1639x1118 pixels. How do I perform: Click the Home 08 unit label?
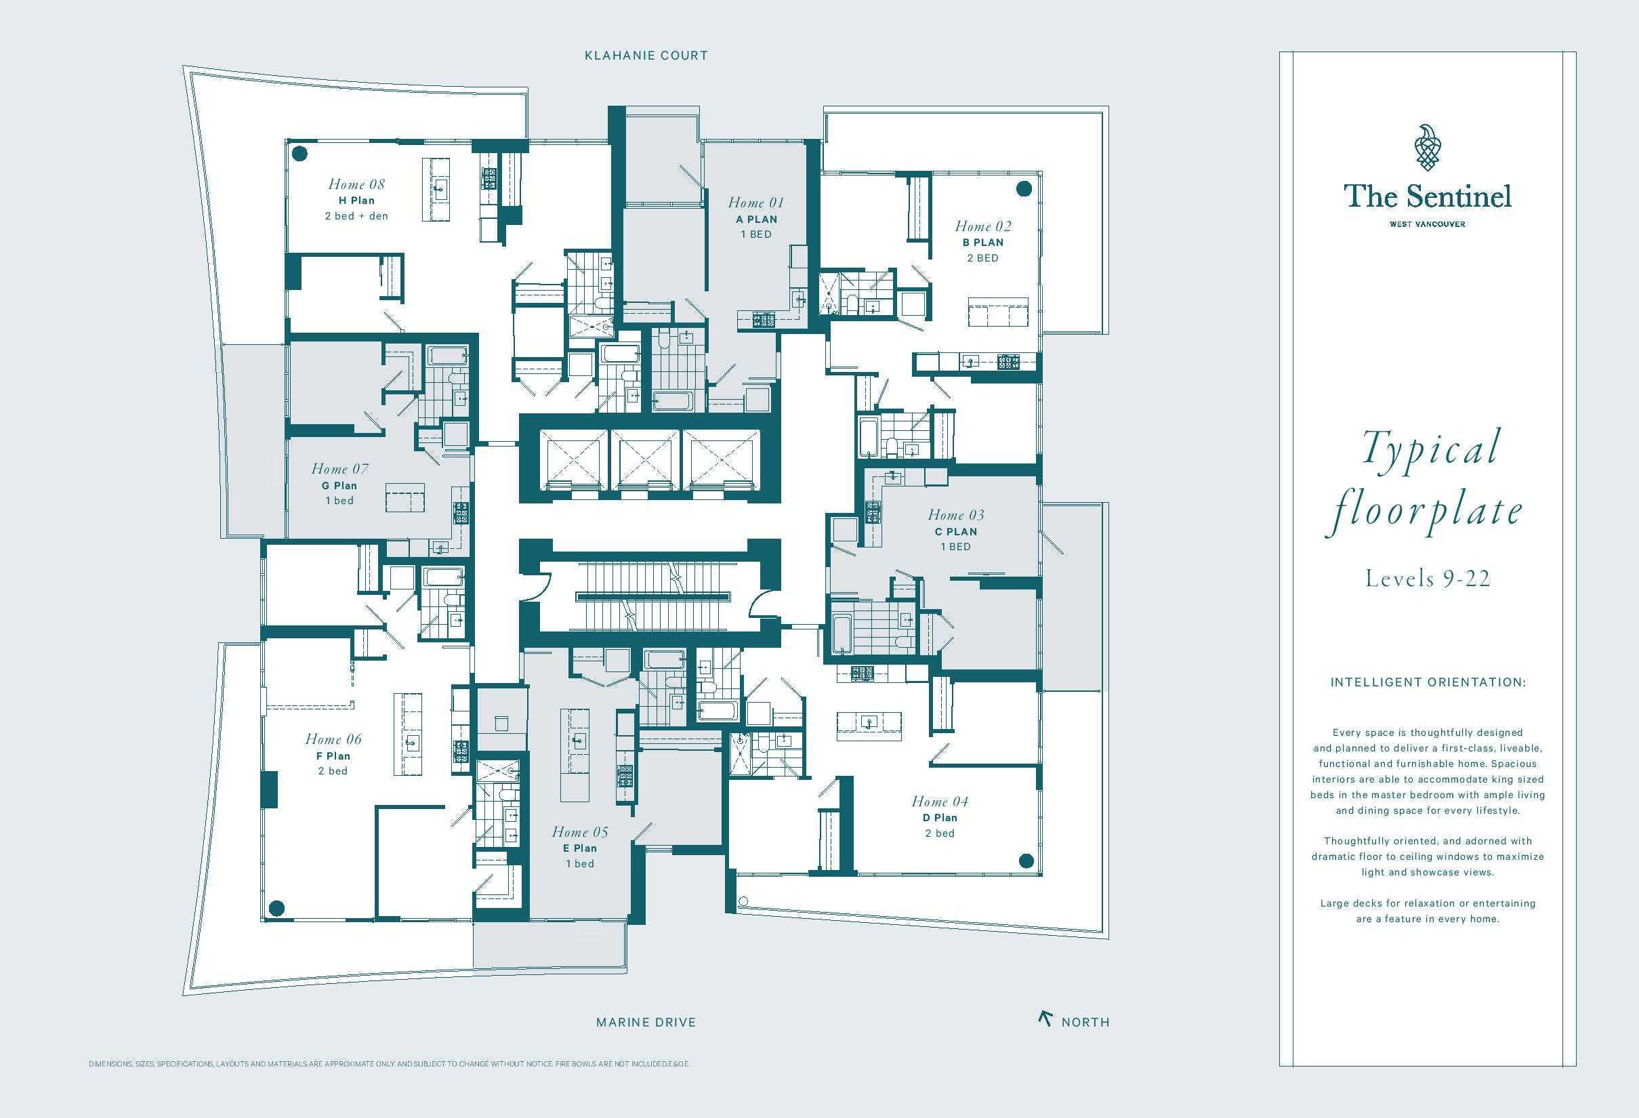[356, 184]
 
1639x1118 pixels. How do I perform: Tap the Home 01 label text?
[755, 203]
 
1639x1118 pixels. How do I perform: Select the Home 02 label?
[982, 226]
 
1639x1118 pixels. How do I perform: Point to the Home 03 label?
[955, 516]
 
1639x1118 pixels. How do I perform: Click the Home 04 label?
[939, 802]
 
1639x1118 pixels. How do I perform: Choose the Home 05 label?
[580, 832]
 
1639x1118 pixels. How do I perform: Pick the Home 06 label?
[333, 740]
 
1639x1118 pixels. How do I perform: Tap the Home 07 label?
[339, 469]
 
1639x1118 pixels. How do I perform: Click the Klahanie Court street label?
[646, 56]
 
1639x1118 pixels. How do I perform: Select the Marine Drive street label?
[646, 1022]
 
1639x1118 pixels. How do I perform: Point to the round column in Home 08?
[299, 154]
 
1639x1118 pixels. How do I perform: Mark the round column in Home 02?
[1023, 188]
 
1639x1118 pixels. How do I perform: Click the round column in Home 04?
[1026, 861]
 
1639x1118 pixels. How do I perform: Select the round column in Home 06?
[277, 908]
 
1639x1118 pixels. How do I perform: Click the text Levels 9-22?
[1428, 579]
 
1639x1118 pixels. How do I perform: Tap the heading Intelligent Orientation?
[1428, 683]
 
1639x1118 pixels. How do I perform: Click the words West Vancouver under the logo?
[1428, 224]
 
